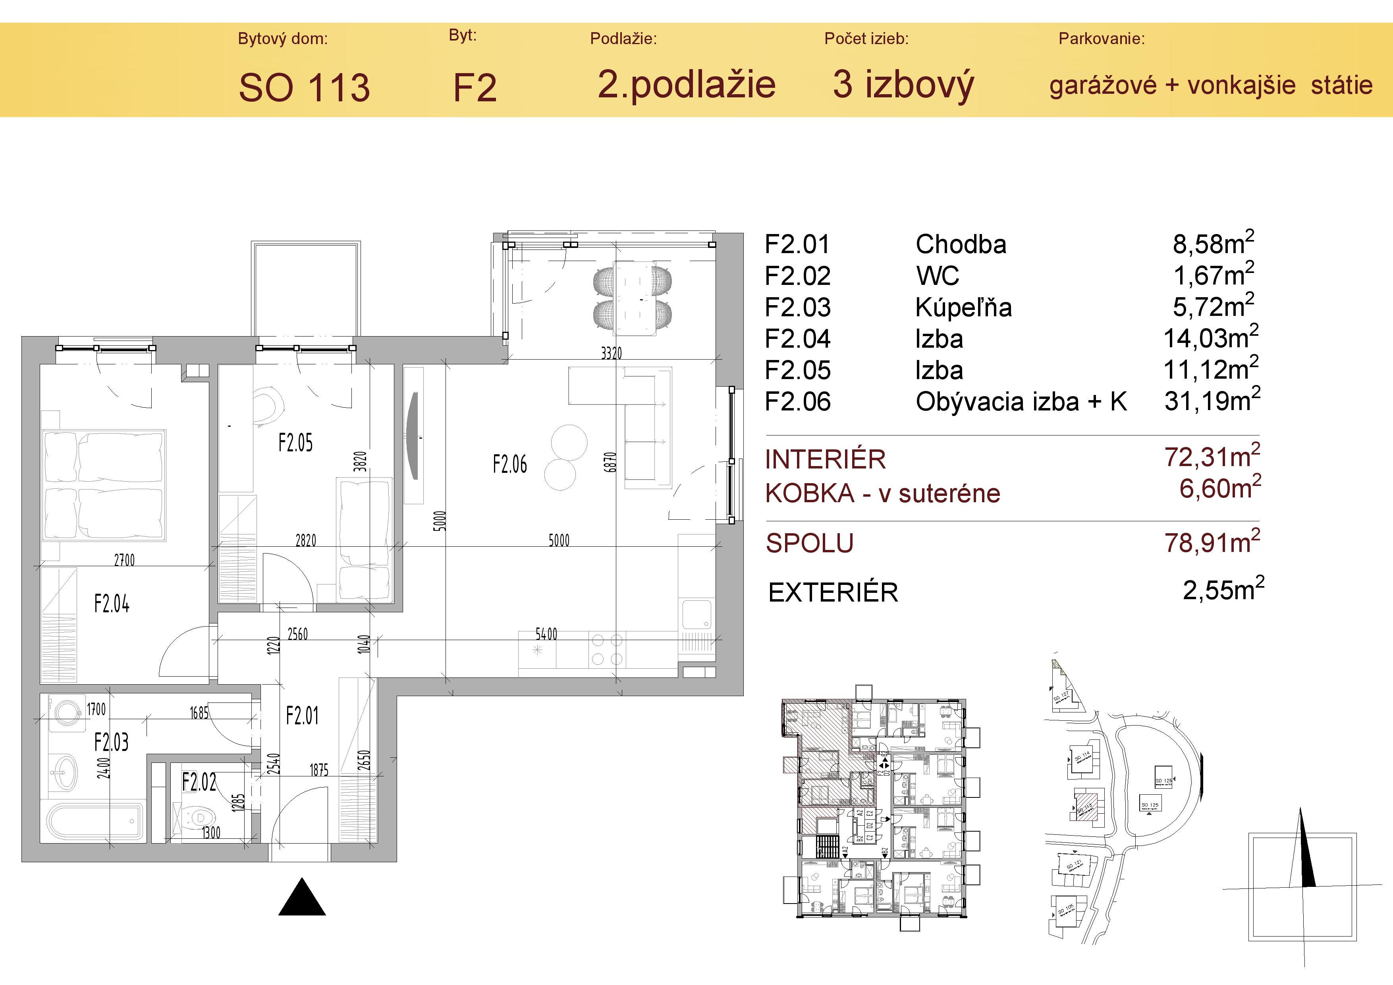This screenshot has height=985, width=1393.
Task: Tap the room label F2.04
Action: tap(112, 604)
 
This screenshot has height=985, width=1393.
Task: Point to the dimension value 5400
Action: tap(546, 634)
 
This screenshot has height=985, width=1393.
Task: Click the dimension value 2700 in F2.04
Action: tap(124, 560)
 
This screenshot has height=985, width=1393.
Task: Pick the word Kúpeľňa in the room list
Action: tap(963, 308)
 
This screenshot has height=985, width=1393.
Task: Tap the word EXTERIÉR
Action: tap(833, 593)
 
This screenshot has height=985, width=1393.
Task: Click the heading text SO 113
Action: tap(304, 88)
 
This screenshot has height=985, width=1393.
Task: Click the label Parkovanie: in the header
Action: tap(1101, 39)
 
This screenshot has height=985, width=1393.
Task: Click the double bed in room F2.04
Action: tap(104, 486)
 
